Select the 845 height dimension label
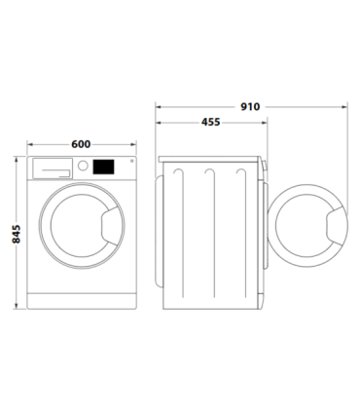pyautogui.click(x=14, y=233)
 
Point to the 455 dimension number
pyautogui.click(x=209, y=123)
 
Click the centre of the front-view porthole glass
pyautogui.click(x=82, y=230)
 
